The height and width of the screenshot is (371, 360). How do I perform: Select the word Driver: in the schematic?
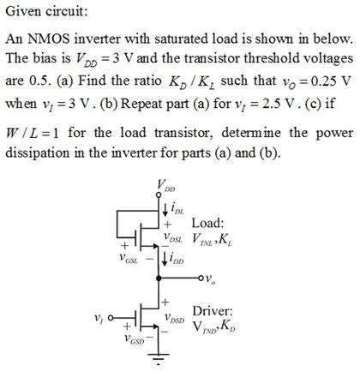(x=215, y=311)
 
